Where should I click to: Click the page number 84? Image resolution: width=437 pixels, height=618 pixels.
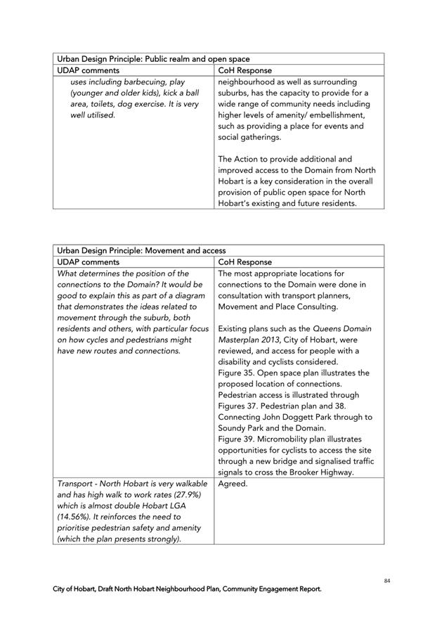[387, 580]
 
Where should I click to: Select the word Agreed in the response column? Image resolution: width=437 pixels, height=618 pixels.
[233, 484]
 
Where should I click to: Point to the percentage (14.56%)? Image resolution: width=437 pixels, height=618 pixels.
[74, 517]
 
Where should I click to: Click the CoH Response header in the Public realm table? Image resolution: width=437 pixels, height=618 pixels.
[245, 70]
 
